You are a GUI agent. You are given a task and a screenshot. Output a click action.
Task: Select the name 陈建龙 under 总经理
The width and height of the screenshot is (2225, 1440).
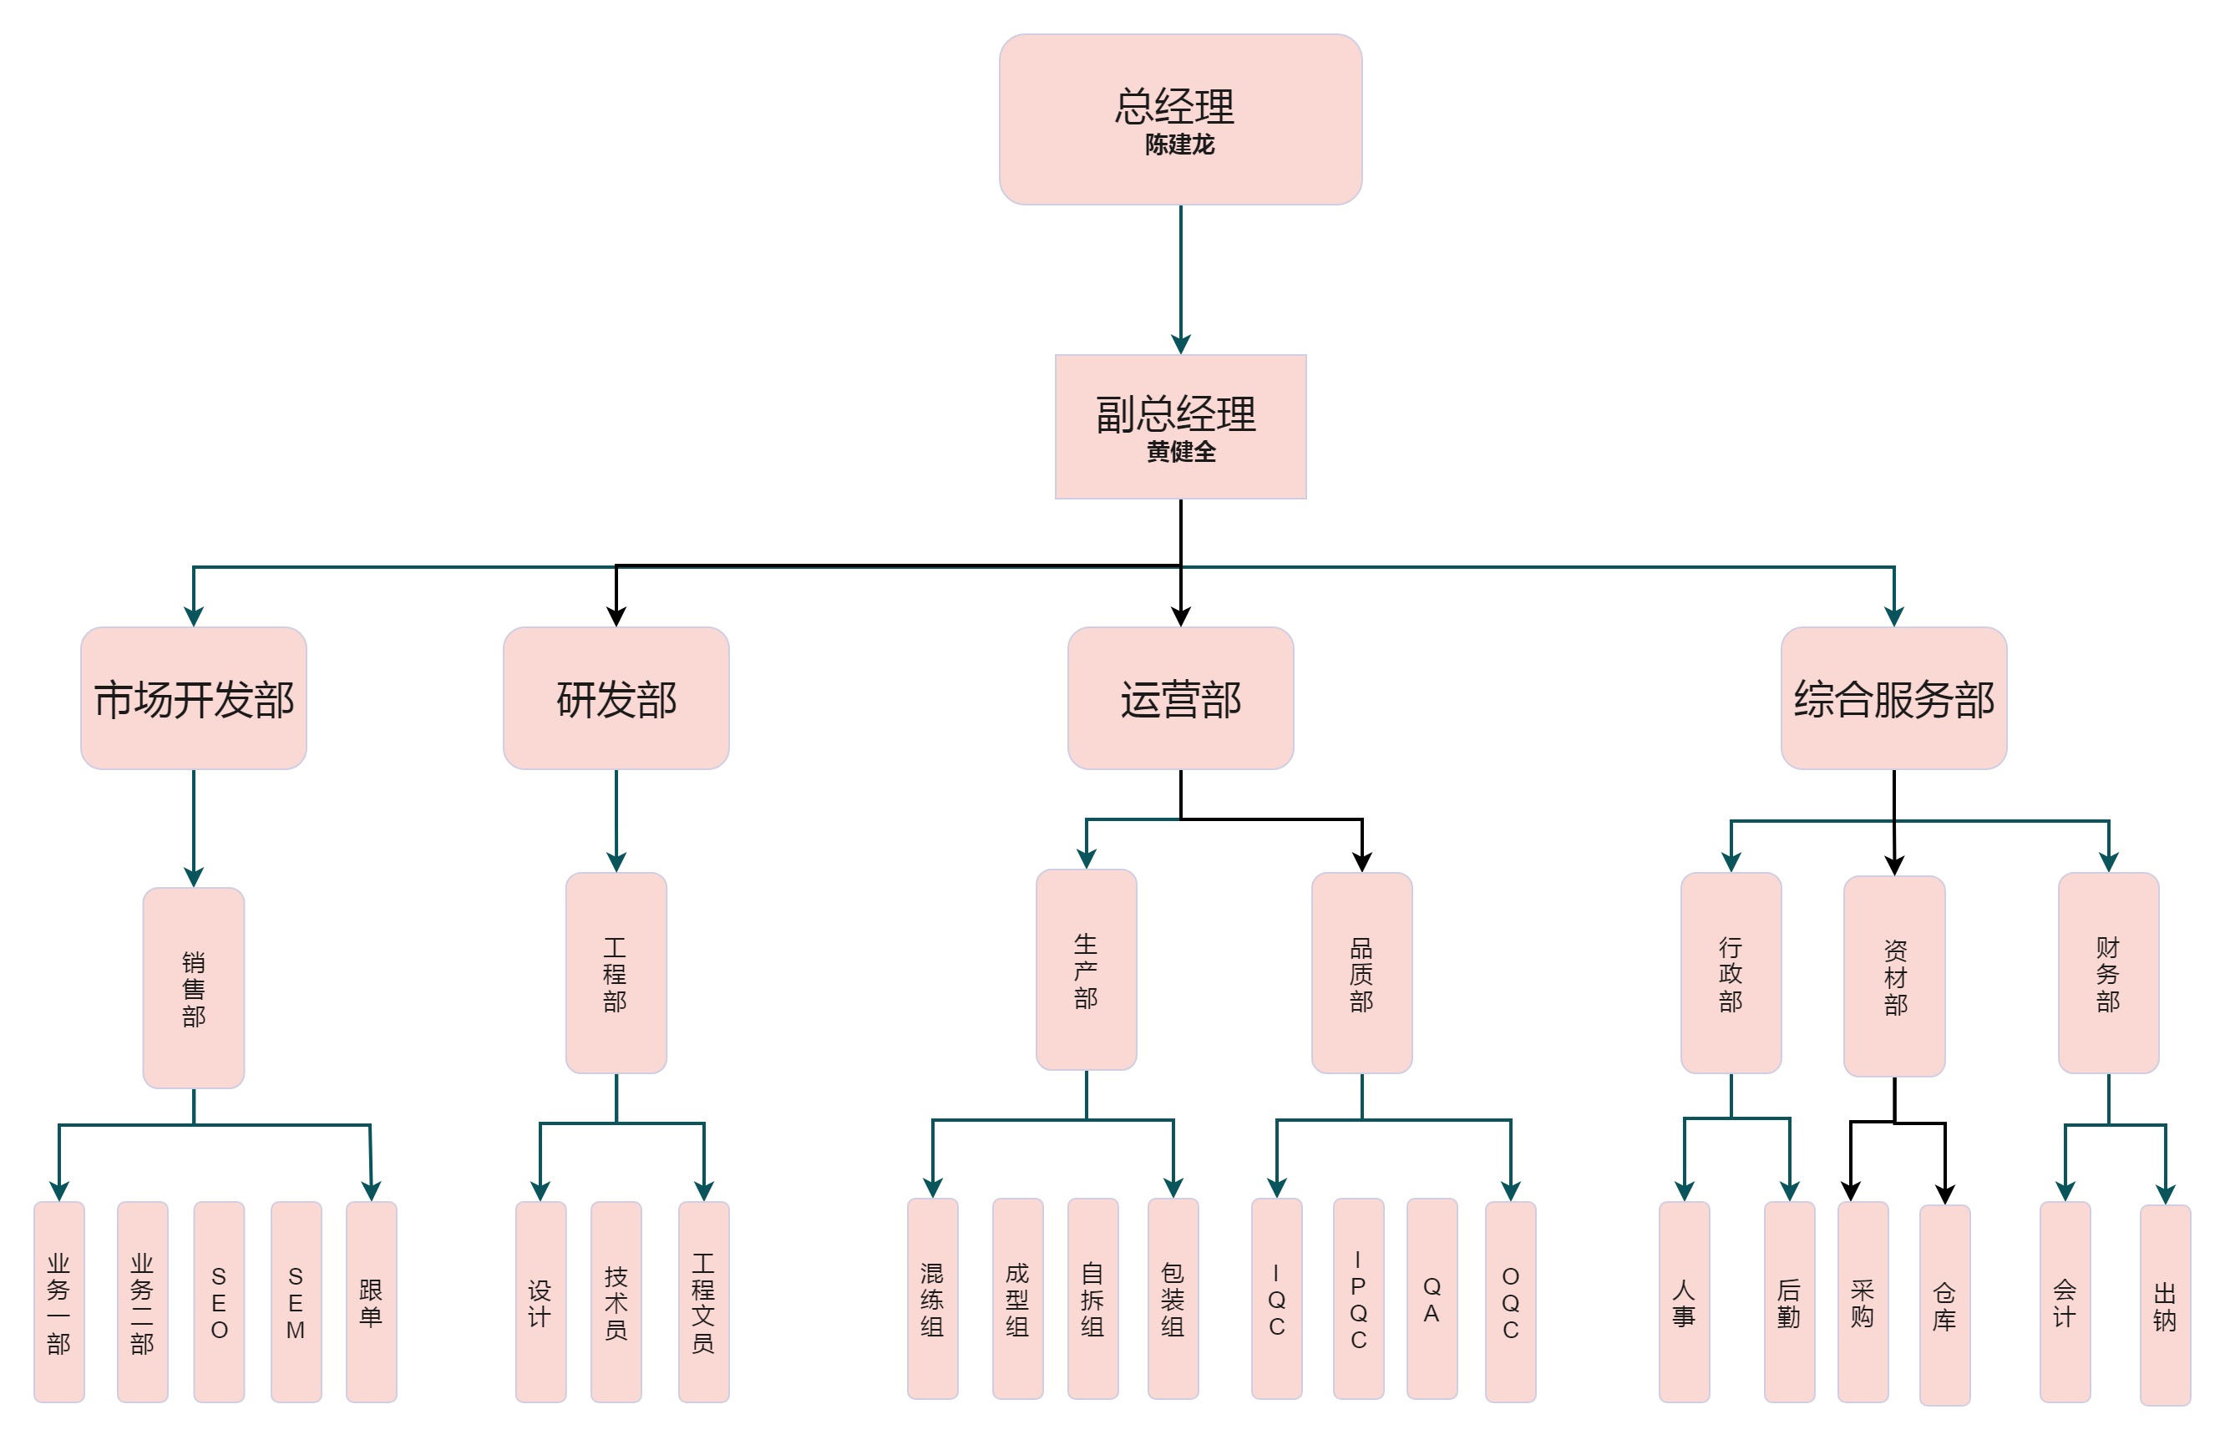click(x=1180, y=145)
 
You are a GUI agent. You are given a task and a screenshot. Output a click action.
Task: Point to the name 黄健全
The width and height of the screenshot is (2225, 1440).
click(x=1181, y=452)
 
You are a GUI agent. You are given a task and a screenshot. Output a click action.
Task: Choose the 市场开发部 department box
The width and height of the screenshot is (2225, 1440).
click(x=194, y=698)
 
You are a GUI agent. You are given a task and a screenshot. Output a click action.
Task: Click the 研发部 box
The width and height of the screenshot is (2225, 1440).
click(x=616, y=698)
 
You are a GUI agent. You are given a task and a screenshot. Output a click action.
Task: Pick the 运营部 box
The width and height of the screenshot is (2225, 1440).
click(x=1181, y=698)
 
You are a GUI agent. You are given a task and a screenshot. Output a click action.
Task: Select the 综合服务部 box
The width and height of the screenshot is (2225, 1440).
click(x=1894, y=698)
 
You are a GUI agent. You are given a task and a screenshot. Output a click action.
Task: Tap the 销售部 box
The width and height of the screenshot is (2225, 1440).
click(x=194, y=987)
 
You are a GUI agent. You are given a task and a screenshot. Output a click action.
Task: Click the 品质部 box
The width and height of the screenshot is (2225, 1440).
click(x=1361, y=973)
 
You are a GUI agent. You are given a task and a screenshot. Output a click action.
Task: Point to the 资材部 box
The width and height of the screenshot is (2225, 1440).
click(x=1894, y=976)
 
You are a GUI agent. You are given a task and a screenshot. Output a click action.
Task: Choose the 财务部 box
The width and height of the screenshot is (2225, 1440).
click(x=2108, y=973)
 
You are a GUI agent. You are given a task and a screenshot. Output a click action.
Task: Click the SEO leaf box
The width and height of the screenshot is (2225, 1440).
click(x=219, y=1301)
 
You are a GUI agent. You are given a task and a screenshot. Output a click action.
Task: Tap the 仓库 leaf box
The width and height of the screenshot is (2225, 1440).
click(x=1944, y=1306)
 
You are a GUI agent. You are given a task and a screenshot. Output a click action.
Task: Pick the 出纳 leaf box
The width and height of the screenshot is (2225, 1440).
click(x=2165, y=1306)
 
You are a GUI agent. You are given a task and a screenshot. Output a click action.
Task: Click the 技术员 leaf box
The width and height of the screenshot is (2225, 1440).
click(x=616, y=1301)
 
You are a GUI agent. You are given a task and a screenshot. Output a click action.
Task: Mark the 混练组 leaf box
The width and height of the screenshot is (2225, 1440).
click(x=932, y=1299)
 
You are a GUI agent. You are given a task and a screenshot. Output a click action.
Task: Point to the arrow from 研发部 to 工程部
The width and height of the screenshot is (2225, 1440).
click(x=616, y=820)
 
